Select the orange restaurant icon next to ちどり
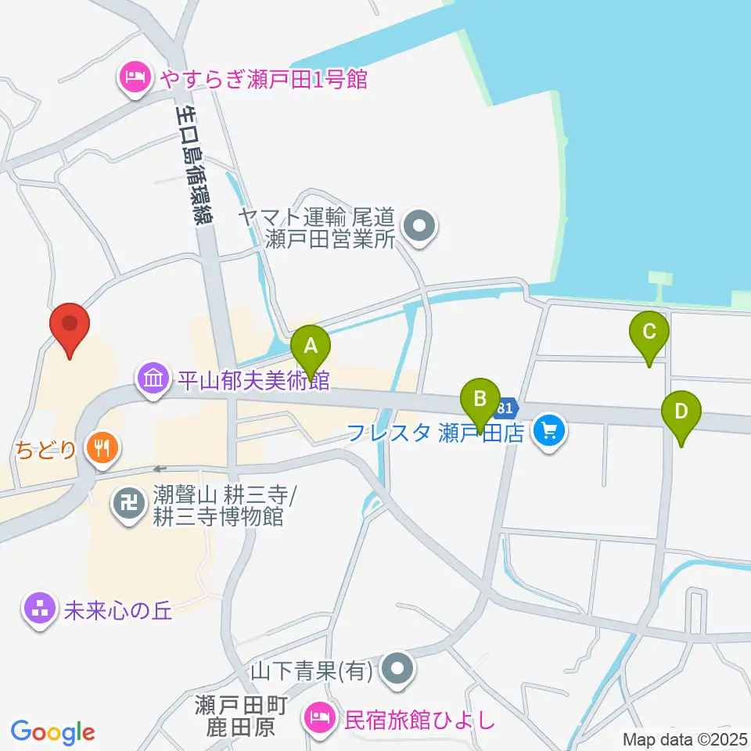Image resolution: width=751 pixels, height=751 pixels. click(102, 449)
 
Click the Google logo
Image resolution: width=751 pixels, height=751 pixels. click(53, 732)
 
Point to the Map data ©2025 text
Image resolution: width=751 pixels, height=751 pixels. click(685, 738)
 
